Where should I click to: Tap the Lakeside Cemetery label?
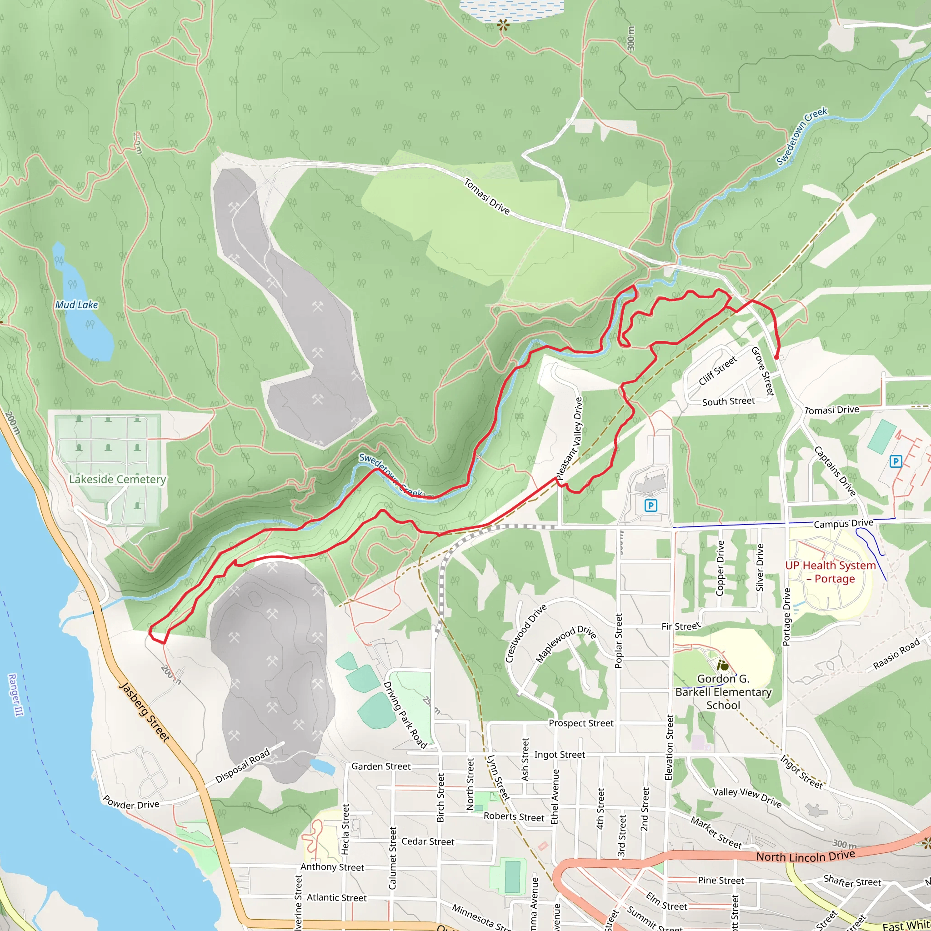tap(117, 479)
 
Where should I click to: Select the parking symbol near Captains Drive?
tap(896, 462)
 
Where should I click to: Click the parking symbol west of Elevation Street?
tap(651, 506)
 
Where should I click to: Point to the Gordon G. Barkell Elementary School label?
tap(723, 692)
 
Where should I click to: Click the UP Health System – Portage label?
tap(830, 572)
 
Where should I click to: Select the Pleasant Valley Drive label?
tap(569, 439)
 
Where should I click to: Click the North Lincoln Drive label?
tap(805, 856)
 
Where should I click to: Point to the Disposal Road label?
tap(242, 766)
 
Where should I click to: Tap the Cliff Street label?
tap(717, 370)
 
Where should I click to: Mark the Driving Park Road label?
tap(405, 715)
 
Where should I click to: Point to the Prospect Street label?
tap(581, 723)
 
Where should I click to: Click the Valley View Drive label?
tap(747, 797)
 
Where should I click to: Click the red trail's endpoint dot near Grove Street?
tap(776, 357)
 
